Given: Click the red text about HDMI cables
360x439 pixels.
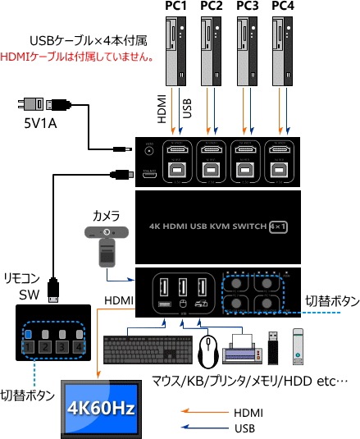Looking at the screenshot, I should click(x=77, y=57).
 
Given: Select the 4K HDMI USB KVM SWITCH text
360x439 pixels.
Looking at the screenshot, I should click(x=211, y=227).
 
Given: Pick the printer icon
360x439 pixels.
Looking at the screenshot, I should click(x=244, y=349).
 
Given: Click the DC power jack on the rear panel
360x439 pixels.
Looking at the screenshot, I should click(x=150, y=149).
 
